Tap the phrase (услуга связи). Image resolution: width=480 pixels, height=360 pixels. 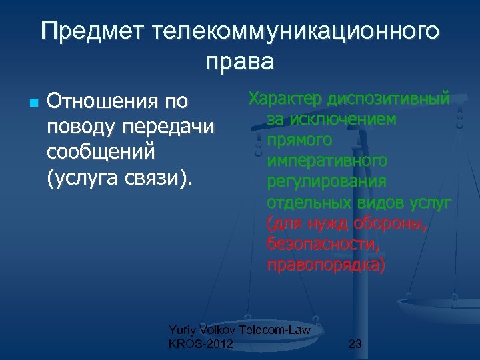tap(119, 177)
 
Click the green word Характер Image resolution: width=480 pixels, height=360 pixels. tap(285, 99)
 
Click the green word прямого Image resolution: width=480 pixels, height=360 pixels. tap(299, 141)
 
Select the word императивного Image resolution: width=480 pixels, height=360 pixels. tap(327, 161)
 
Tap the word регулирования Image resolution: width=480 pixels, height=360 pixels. tap(326, 182)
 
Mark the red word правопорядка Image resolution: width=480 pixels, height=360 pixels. tap(325, 265)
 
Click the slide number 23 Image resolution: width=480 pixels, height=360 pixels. tap(355, 345)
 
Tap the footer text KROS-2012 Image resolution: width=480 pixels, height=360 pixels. tap(201, 344)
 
